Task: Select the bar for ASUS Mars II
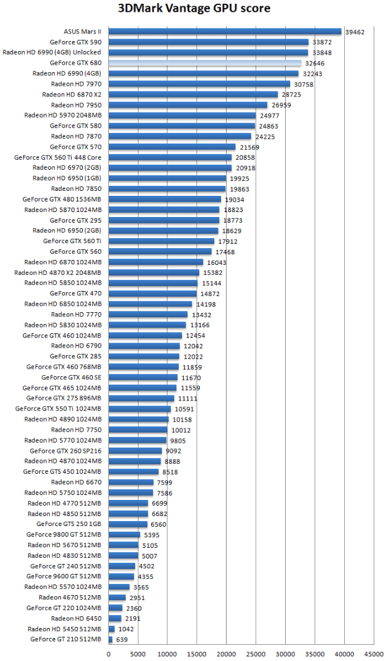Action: pyautogui.click(x=225, y=31)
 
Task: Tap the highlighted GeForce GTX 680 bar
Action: pyautogui.click(x=205, y=63)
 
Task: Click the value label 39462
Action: pyautogui.click(x=355, y=31)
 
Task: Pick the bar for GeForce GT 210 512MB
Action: pyautogui.click(x=111, y=639)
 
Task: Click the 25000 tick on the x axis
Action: pyautogui.click(x=256, y=654)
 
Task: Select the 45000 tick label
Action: pyautogui.click(x=374, y=654)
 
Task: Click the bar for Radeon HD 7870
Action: pyautogui.click(x=180, y=136)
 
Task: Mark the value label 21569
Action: pyautogui.click(x=250, y=147)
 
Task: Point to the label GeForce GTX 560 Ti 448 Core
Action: pyautogui.click(x=58, y=157)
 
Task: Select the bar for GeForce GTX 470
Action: pyautogui.click(x=153, y=294)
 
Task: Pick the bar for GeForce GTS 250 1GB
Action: pyautogui.click(x=128, y=524)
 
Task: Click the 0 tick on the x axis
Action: pyautogui.click(x=109, y=654)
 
